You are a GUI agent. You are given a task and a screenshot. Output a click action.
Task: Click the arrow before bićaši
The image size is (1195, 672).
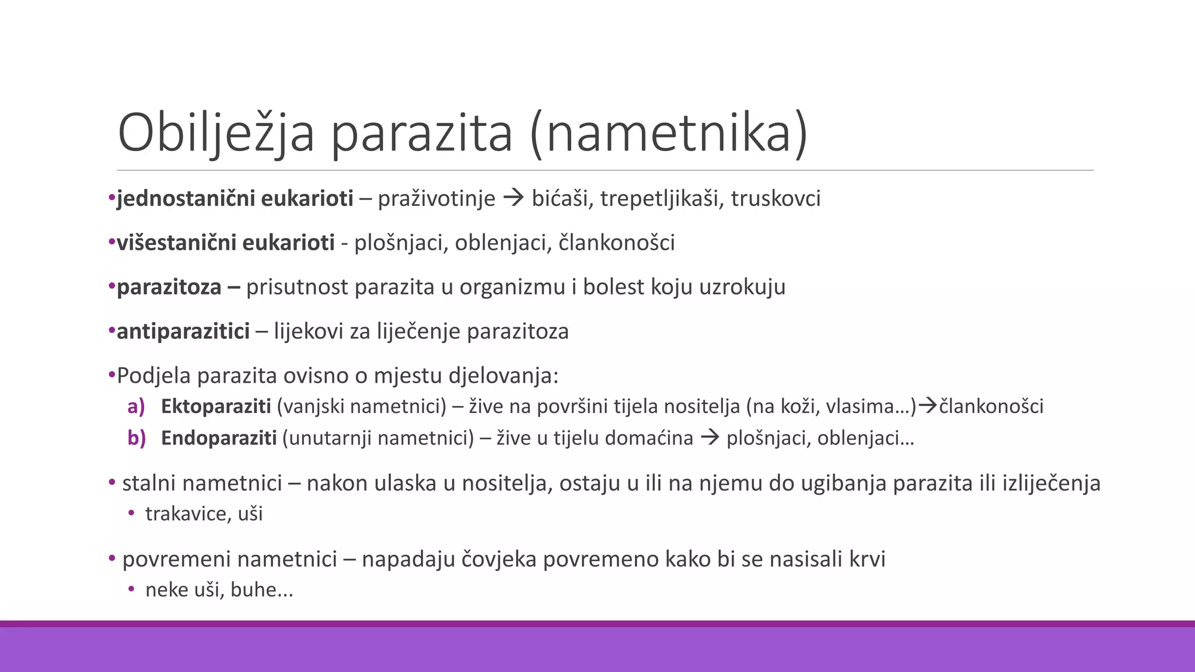pos(513,199)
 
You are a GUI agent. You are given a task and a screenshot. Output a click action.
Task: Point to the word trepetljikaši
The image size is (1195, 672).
pos(659,199)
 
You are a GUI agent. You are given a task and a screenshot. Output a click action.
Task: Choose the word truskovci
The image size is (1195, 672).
pos(775,199)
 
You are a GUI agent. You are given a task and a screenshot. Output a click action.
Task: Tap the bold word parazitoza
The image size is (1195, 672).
pos(169,288)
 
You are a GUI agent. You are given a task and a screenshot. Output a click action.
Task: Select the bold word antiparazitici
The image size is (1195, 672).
pos(183,331)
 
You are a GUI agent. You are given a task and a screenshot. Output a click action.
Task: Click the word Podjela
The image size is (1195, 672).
pos(154,376)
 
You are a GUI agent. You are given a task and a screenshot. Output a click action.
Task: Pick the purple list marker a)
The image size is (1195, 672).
pos(136,407)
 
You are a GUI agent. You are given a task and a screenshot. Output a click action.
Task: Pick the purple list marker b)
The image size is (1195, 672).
pos(137,438)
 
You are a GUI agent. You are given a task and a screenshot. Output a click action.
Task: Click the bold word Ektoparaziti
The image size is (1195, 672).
pos(216,407)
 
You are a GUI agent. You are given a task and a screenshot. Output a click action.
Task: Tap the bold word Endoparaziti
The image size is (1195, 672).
pos(219,438)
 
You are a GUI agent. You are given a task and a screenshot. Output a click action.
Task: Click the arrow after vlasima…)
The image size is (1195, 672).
pos(928,406)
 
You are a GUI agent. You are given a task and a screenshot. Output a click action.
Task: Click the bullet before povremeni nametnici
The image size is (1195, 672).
pos(112,559)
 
